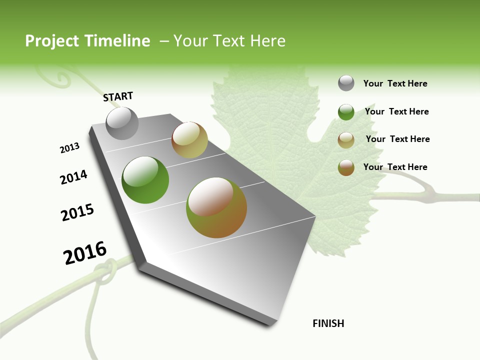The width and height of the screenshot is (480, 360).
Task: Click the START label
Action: tap(118, 96)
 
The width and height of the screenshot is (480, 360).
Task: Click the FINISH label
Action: tap(328, 323)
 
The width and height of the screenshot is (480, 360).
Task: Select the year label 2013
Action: tap(69, 148)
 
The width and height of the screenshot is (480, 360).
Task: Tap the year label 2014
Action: tap(73, 177)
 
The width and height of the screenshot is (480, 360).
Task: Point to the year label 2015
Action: tap(77, 212)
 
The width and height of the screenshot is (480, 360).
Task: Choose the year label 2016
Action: tap(85, 253)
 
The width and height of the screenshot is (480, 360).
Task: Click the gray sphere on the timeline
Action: tap(122, 123)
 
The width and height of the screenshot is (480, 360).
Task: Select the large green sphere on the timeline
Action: tap(145, 180)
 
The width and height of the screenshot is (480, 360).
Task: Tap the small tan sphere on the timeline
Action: tap(189, 140)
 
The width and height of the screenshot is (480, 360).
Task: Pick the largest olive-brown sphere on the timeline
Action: tap(216, 207)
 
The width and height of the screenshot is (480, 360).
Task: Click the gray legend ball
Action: tap(346, 83)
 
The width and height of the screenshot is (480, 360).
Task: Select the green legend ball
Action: tap(346, 112)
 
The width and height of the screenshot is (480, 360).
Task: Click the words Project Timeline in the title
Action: tap(87, 41)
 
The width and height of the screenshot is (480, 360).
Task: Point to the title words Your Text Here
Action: tap(229, 41)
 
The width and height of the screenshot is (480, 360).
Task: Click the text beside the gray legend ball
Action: tap(395, 83)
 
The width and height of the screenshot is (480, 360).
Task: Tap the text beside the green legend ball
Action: tap(396, 111)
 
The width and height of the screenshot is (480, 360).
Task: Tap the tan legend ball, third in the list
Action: tap(346, 140)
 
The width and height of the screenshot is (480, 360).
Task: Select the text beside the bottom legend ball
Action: tap(395, 167)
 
